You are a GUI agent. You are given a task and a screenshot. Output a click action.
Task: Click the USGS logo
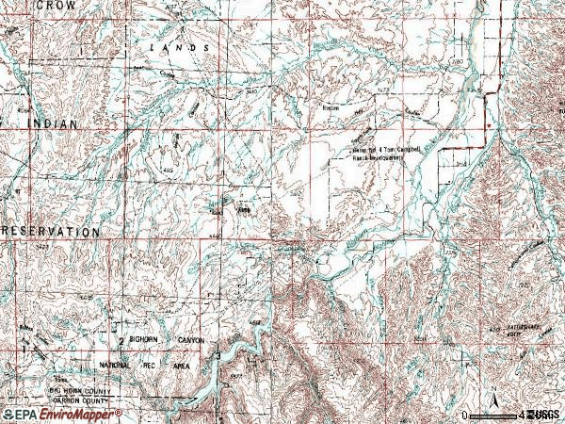point(543,414)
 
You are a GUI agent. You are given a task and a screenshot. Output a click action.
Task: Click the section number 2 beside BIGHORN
point(121,340)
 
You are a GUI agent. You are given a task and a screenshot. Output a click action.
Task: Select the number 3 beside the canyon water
point(218,356)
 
